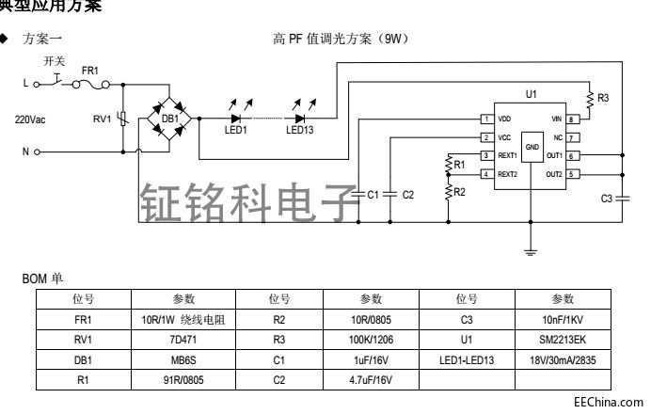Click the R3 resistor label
603,98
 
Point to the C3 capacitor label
606,199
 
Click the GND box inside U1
532,149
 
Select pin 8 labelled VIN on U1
571,119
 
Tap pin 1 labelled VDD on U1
486,119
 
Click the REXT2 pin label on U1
508,174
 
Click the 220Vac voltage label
28,119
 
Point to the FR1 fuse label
90,71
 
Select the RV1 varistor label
102,119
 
